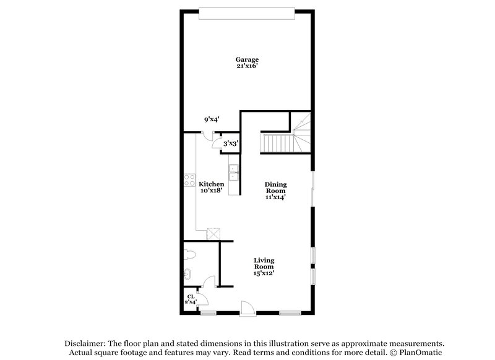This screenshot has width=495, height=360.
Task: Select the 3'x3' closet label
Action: (230, 144)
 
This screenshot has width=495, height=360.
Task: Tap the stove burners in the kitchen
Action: (189, 181)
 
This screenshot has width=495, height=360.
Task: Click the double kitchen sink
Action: (234, 173)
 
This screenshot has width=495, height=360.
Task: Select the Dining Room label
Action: (275, 187)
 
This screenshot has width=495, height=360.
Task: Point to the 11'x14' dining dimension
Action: (275, 197)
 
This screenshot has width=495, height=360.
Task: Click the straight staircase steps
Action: (275, 145)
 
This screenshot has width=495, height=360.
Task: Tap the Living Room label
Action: (264, 264)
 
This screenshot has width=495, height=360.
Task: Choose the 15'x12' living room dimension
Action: (264, 273)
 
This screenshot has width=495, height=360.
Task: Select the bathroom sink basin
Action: (188, 273)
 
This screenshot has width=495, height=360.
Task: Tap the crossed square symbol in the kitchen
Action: (214, 234)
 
